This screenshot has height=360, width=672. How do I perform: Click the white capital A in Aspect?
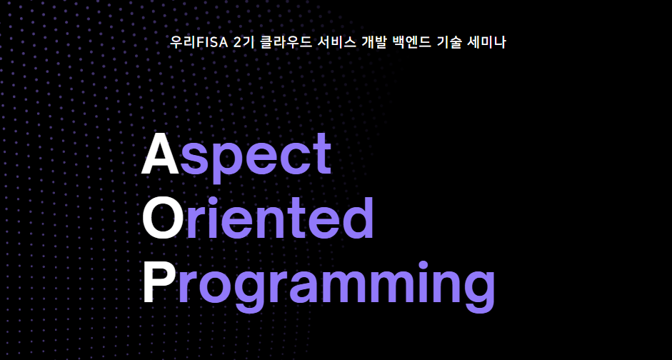160,154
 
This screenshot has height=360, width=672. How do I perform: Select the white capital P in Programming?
159,283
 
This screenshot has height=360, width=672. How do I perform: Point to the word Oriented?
257,218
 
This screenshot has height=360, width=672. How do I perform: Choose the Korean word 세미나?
488,42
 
